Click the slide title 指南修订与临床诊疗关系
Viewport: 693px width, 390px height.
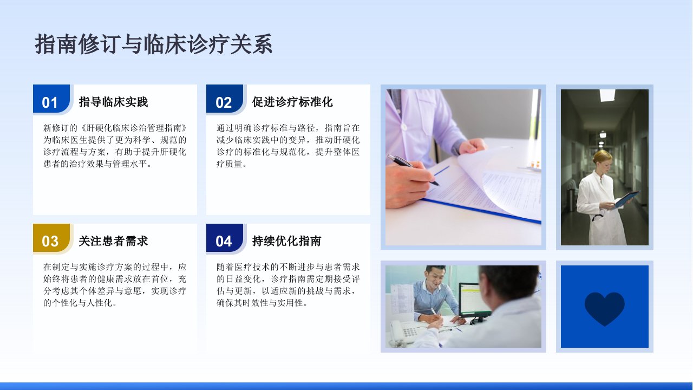(x=153, y=44)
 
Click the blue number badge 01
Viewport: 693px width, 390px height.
(x=51, y=99)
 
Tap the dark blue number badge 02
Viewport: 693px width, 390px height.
(x=225, y=99)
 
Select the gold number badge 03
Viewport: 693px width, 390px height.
(x=51, y=238)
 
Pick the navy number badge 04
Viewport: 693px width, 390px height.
(x=225, y=238)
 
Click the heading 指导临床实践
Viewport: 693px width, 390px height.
(x=113, y=102)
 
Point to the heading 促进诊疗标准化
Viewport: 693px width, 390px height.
(x=292, y=102)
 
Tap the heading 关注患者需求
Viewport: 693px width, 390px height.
(x=113, y=241)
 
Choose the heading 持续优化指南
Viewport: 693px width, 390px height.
(x=286, y=241)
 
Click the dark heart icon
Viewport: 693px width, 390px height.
(x=605, y=308)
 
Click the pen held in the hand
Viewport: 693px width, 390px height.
(x=413, y=170)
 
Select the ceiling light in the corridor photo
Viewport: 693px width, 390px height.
(x=607, y=95)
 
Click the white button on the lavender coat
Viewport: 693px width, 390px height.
(x=404, y=127)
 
